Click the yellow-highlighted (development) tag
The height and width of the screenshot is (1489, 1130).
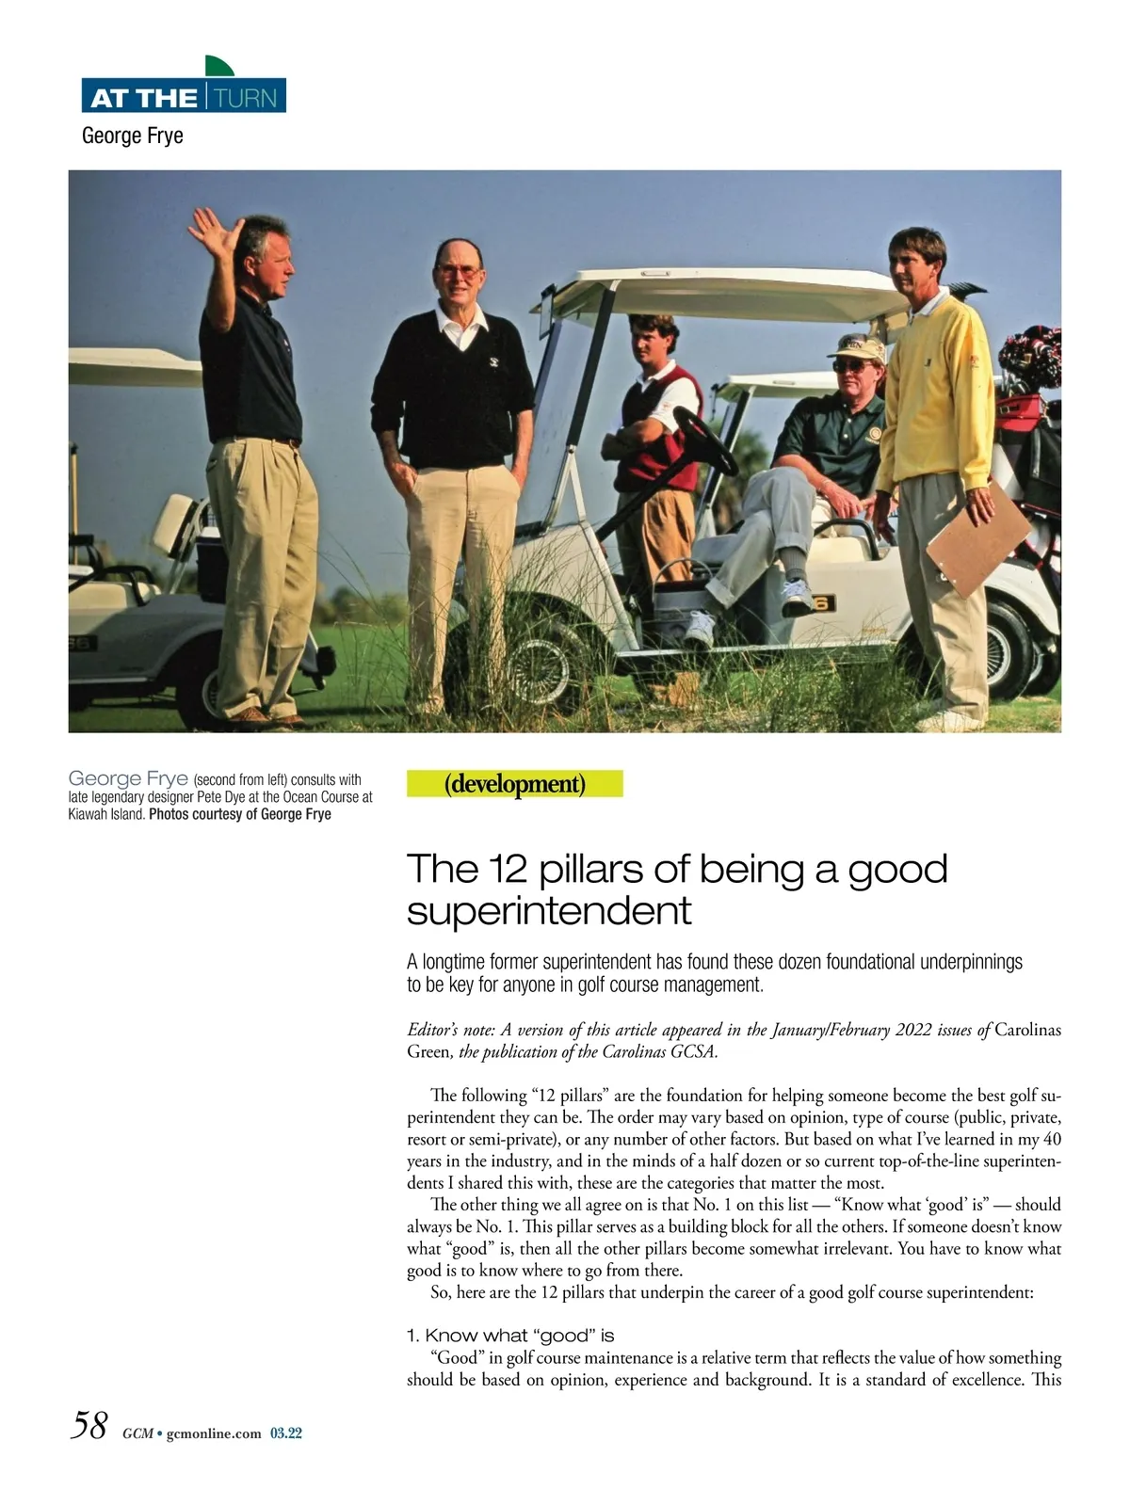[x=514, y=783]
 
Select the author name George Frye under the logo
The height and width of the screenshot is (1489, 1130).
[x=133, y=136]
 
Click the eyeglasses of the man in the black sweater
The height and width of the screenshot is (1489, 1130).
[x=460, y=269]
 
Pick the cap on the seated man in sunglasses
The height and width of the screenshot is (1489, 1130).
[x=857, y=348]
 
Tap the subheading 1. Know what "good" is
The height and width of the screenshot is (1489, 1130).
[x=510, y=1335]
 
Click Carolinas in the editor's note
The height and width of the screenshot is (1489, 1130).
[x=1027, y=1030]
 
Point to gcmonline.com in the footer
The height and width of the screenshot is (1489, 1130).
[x=213, y=1434]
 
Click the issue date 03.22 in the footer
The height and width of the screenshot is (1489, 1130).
[x=285, y=1434]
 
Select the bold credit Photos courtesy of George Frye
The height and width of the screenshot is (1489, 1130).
[x=240, y=814]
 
